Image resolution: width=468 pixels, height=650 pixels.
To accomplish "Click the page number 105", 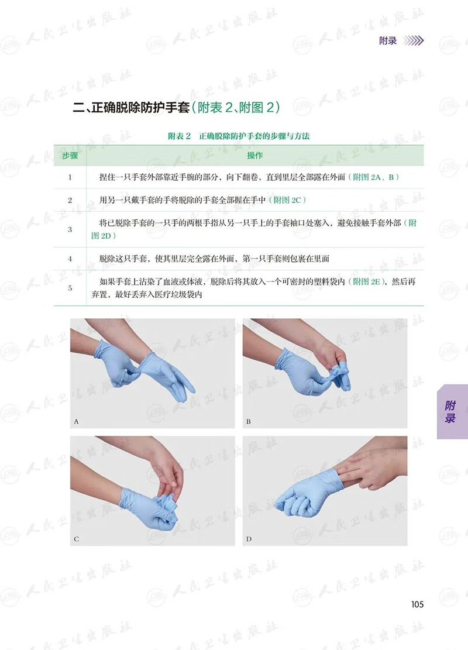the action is pos(418,604).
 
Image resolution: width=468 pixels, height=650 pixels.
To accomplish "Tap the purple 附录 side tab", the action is pos(452,412).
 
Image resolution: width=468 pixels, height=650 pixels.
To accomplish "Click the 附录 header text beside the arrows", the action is pos(388,40).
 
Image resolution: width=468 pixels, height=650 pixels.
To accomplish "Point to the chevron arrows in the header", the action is pos(413,40).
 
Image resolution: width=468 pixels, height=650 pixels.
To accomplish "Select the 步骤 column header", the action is pos(70,156).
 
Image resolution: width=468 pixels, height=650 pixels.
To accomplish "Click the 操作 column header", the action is pos(255,156).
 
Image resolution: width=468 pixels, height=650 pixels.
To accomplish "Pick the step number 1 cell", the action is pos(70,177).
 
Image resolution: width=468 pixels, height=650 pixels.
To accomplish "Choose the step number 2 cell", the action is pos(70,200).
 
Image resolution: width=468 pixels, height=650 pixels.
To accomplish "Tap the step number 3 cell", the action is pos(70,229).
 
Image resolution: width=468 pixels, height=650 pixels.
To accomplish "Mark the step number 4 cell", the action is pos(70,259).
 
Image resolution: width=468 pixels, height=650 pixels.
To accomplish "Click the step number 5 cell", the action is pos(70,288).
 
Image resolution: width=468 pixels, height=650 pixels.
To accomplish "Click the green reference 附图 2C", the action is pos(287,200).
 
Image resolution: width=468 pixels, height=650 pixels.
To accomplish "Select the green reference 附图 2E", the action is pos(366,282).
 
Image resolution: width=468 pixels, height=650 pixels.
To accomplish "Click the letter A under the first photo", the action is pos(76,422).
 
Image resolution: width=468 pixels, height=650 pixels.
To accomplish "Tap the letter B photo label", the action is pos(248,422).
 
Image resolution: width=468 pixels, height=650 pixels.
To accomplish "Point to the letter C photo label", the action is pos(76,539).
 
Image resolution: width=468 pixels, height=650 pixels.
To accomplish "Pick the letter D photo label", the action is pos(249,539).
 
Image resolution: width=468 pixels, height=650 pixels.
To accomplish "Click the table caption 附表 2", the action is pos(179,136).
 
